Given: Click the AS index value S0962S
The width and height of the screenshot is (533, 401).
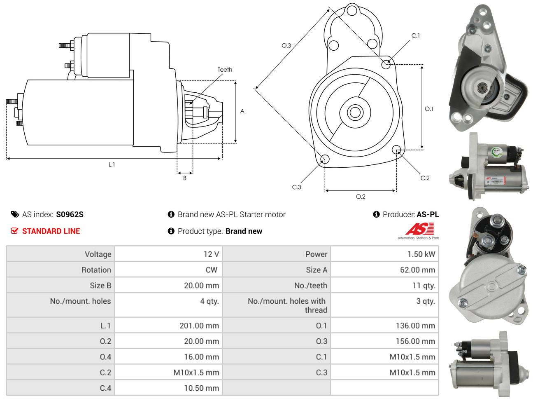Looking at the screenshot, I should point(70,214).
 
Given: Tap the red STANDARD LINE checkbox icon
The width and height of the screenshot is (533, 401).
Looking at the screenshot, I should point(14,231).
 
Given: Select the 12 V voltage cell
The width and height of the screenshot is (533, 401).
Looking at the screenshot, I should point(211,254).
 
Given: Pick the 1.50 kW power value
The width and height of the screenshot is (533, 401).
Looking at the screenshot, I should point(421,254).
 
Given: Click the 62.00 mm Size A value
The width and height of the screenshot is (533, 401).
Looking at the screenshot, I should point(417,270).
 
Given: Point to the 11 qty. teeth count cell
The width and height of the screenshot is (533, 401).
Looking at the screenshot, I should point(424,286).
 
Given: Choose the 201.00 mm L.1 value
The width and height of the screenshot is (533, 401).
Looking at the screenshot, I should point(199,326).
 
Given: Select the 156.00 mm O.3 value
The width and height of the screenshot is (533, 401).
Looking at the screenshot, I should point(415,341).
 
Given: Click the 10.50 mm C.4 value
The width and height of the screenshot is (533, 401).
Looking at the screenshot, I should point(201,388).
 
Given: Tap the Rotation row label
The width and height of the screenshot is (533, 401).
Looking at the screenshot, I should point(96,270).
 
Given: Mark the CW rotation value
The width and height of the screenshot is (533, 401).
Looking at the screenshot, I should point(211,270).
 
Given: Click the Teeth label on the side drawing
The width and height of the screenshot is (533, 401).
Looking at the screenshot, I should point(225,70).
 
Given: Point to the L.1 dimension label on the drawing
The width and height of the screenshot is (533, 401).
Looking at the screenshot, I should point(112,164).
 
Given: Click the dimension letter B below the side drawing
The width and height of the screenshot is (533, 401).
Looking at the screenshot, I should point(185,178).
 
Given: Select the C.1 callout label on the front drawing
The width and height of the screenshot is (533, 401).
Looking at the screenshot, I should point(416,35).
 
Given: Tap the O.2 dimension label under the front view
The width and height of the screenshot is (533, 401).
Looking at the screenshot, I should point(361,197).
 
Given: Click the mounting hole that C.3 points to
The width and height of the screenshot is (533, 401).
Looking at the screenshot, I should point(324,159).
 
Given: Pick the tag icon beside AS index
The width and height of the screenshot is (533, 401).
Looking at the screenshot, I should point(15,214).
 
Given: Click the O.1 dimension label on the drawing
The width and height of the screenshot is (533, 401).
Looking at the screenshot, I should point(429,109).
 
